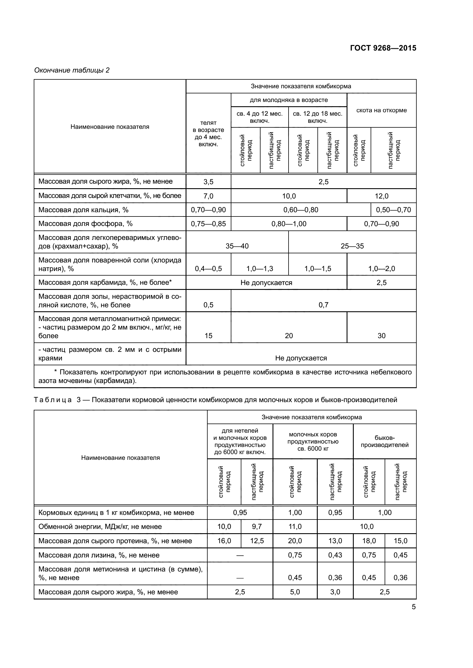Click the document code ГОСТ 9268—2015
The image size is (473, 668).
click(383, 48)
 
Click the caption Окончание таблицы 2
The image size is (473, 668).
click(72, 70)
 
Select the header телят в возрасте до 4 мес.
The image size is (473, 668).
click(208, 134)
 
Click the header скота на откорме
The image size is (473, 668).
click(381, 110)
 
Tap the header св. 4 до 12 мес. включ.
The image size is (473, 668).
click(259, 117)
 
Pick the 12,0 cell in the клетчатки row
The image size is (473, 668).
click(381, 196)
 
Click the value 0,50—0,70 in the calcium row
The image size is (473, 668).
click(393, 210)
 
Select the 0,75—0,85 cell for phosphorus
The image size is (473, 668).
click(208, 224)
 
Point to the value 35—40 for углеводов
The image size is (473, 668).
click(237, 246)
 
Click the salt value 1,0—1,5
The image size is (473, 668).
click(317, 268)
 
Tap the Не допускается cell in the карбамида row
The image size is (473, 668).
click(266, 282)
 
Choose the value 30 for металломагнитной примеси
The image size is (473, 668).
click(381, 336)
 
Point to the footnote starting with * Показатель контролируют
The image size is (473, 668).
click(225, 376)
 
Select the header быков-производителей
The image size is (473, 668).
click(384, 441)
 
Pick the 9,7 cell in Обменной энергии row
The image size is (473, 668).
click(257, 527)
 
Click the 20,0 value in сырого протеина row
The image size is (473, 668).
click(295, 541)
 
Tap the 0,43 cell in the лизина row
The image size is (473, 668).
click(335, 555)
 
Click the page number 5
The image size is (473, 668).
click(414, 607)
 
